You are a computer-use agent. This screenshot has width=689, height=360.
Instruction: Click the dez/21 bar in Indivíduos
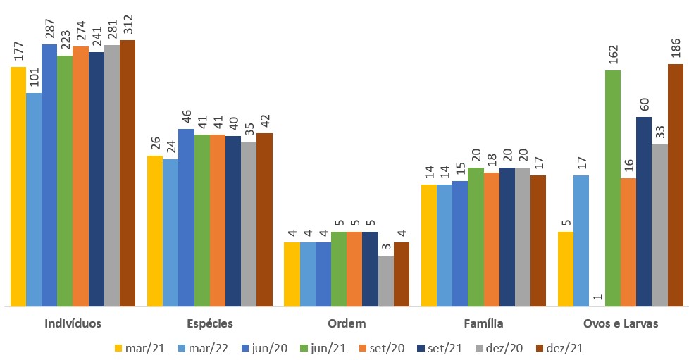pos(127,173)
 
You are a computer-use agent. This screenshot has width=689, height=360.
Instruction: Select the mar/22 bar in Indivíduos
pos(33,199)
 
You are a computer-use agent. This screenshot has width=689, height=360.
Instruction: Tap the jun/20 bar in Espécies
pos(186,218)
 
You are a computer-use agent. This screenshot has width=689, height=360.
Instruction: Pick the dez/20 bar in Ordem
pos(385,280)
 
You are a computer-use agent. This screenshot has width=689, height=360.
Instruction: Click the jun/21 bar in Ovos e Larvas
pos(613,188)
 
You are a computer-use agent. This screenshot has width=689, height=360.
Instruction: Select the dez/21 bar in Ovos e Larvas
pos(676,185)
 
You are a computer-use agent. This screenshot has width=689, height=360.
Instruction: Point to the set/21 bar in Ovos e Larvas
pos(644,211)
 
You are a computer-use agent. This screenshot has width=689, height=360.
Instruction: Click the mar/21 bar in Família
pos(428,245)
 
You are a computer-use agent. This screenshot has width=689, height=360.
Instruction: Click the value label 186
pos(676,46)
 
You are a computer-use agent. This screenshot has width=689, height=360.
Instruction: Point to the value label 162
pos(613,53)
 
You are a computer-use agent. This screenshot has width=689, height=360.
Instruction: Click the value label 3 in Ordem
pos(385,247)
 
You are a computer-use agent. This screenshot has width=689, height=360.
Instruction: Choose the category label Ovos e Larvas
pos(621,324)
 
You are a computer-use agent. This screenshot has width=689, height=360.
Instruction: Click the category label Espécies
pos(210,324)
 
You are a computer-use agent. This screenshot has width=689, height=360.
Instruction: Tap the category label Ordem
pos(347,324)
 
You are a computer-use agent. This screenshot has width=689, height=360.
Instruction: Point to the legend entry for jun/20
pos(261,347)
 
